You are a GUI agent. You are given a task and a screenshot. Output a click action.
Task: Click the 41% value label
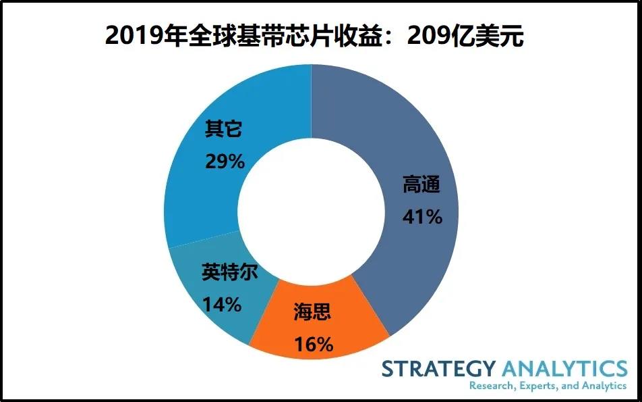click(422, 217)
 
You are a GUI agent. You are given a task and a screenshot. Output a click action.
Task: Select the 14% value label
click(221, 305)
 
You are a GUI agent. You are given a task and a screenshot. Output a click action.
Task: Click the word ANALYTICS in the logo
click(564, 369)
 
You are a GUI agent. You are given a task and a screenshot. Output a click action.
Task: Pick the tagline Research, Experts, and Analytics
click(548, 386)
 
